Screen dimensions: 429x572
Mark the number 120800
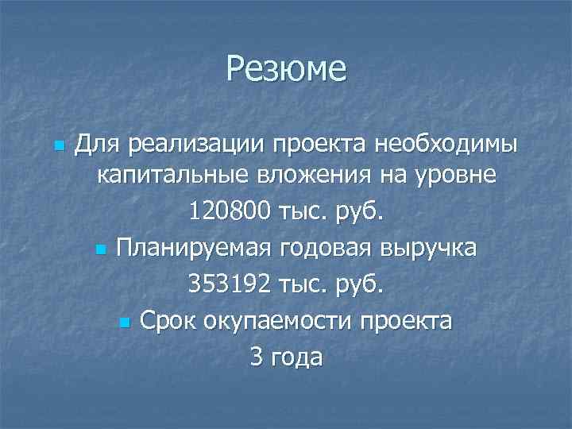pos(230,211)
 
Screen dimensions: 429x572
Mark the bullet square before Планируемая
pos(99,250)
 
